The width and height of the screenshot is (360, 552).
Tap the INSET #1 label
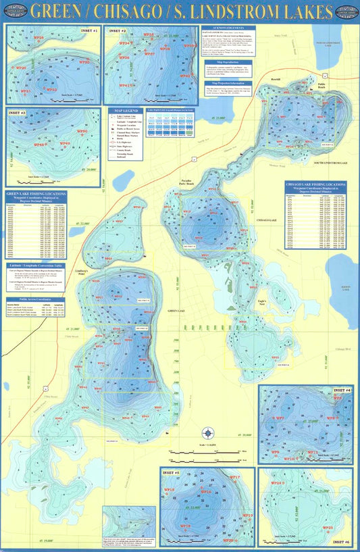[88, 31]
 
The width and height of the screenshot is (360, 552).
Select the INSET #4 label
[344, 391]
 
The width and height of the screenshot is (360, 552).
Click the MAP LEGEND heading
[126, 109]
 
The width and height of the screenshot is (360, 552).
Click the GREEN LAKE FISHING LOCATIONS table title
[36, 194]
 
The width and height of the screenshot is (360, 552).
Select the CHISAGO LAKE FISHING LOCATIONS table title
[317, 184]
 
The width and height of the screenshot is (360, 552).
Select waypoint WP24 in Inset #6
[277, 483]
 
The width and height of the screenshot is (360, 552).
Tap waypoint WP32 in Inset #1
[51, 89]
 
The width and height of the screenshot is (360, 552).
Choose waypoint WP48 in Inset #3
[41, 145]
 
